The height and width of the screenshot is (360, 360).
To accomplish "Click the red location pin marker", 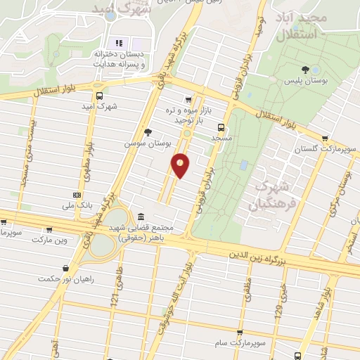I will (181, 165).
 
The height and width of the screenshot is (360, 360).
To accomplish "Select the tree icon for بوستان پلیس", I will (305, 69).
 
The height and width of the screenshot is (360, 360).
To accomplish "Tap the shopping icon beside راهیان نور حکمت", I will (66, 267).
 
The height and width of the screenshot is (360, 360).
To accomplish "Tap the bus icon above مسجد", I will (221, 127).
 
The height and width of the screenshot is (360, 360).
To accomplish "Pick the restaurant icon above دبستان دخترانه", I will (119, 43).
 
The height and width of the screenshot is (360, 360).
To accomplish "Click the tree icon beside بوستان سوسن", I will (147, 132).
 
